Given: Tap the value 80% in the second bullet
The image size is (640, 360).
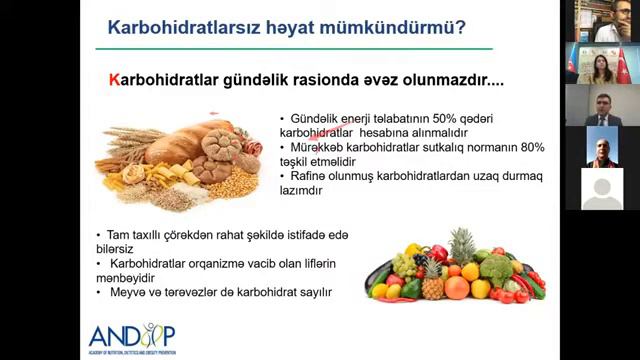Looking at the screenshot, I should (x=531, y=147).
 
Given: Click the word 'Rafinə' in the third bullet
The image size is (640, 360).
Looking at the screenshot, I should (x=309, y=176).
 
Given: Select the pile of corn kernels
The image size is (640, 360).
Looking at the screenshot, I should (x=239, y=185).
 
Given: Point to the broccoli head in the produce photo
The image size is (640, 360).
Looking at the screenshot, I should (x=496, y=268).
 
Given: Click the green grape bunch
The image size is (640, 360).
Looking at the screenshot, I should (x=406, y=266).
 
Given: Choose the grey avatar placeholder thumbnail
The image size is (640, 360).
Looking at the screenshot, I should (x=602, y=190).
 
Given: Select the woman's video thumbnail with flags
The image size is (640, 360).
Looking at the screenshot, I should (x=602, y=63).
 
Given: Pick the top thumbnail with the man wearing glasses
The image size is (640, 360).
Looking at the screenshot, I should (x=602, y=21).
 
